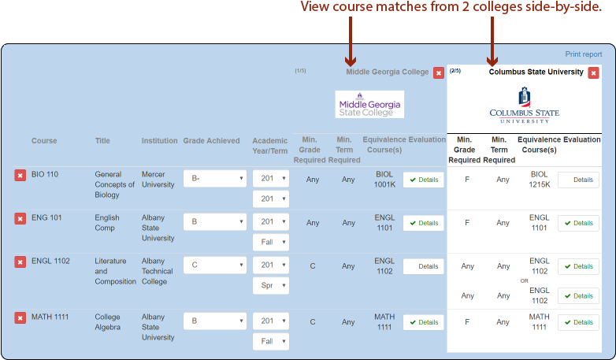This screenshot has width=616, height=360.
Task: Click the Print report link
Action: tap(583, 54)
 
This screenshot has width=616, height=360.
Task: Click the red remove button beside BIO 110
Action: tap(20, 175)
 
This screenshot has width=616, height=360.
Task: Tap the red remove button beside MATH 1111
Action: tap(20, 317)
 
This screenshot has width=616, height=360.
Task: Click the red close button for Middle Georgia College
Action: tap(439, 72)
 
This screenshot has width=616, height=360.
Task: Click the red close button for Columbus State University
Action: tap(593, 72)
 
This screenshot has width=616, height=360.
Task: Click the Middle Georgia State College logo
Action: tap(369, 104)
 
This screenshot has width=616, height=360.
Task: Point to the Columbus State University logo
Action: tap(524, 106)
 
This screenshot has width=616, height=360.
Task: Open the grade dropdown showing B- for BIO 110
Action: tap(214, 179)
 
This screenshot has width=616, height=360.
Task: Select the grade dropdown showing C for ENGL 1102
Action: tap(214, 265)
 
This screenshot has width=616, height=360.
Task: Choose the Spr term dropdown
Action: tap(270, 285)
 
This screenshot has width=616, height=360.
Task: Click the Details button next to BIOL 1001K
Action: tap(423, 180)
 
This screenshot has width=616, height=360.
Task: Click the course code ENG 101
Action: tap(45, 218)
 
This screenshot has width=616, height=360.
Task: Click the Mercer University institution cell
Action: tap(158, 179)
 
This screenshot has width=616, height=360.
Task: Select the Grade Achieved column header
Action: tap(211, 141)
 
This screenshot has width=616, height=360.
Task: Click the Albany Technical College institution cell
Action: tap(158, 271)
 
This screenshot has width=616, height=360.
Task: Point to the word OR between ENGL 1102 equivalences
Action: tap(524, 280)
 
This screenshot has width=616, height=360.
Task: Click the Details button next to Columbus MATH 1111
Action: tap(578, 322)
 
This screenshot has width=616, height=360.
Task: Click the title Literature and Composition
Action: tap(115, 271)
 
